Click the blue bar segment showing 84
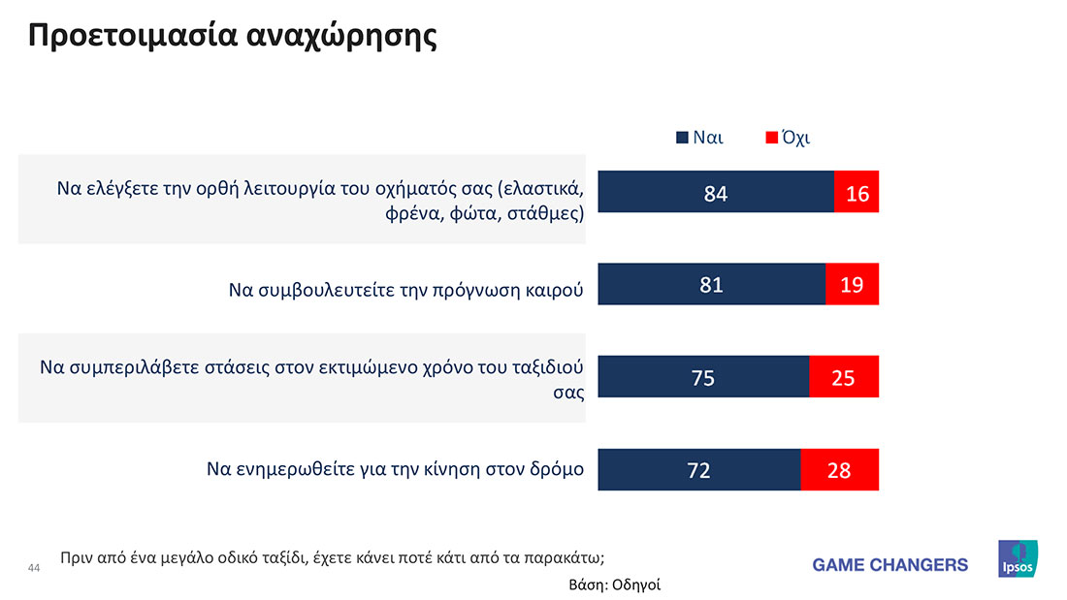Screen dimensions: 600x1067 (x=716, y=192)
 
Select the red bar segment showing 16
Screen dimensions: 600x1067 (x=857, y=192)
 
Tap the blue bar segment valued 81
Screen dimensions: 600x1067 (x=712, y=285)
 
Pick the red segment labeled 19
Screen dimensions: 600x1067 (x=852, y=285)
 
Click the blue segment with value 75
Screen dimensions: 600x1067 (x=703, y=377)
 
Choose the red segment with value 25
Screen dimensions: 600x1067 (x=844, y=377)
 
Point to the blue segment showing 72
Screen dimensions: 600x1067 (x=699, y=470)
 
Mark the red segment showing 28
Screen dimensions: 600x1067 (x=839, y=470)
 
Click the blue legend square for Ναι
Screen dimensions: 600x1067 (x=682, y=138)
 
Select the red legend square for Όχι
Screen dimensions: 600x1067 (x=772, y=138)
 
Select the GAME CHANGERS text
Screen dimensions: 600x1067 (x=889, y=564)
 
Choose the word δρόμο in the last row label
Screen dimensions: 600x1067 (x=556, y=470)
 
